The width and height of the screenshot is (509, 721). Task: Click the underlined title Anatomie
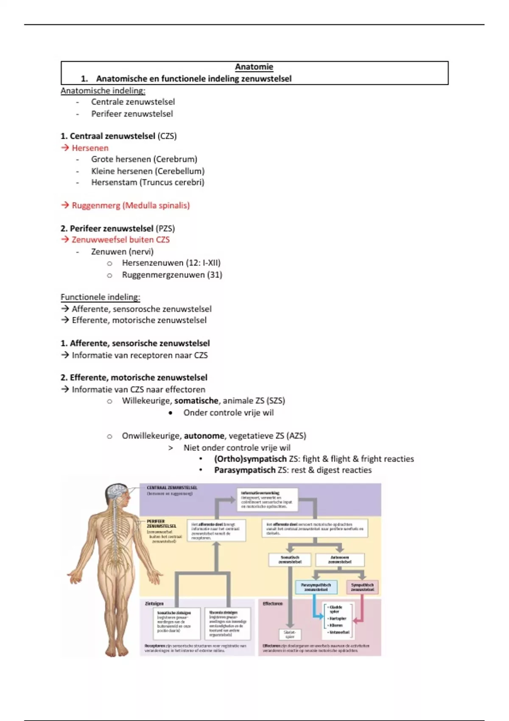[x=254, y=67]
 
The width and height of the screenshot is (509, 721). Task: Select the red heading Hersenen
[x=90, y=148]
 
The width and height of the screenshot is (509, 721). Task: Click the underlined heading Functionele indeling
[x=100, y=297]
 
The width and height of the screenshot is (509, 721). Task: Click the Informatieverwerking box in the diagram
[x=267, y=500]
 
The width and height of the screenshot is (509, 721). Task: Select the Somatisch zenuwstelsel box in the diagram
[x=290, y=560]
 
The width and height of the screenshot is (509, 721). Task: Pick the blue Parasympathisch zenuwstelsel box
[x=316, y=587]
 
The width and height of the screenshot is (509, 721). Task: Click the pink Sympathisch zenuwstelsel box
[x=362, y=587]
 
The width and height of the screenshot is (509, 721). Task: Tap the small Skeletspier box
[x=290, y=634]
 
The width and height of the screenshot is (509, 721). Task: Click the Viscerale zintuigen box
[x=227, y=624]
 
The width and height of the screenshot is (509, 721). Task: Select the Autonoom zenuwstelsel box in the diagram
[x=340, y=560]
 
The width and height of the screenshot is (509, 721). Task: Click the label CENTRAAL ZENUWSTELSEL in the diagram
[x=172, y=488]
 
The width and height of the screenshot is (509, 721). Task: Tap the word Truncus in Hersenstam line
[x=155, y=182]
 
